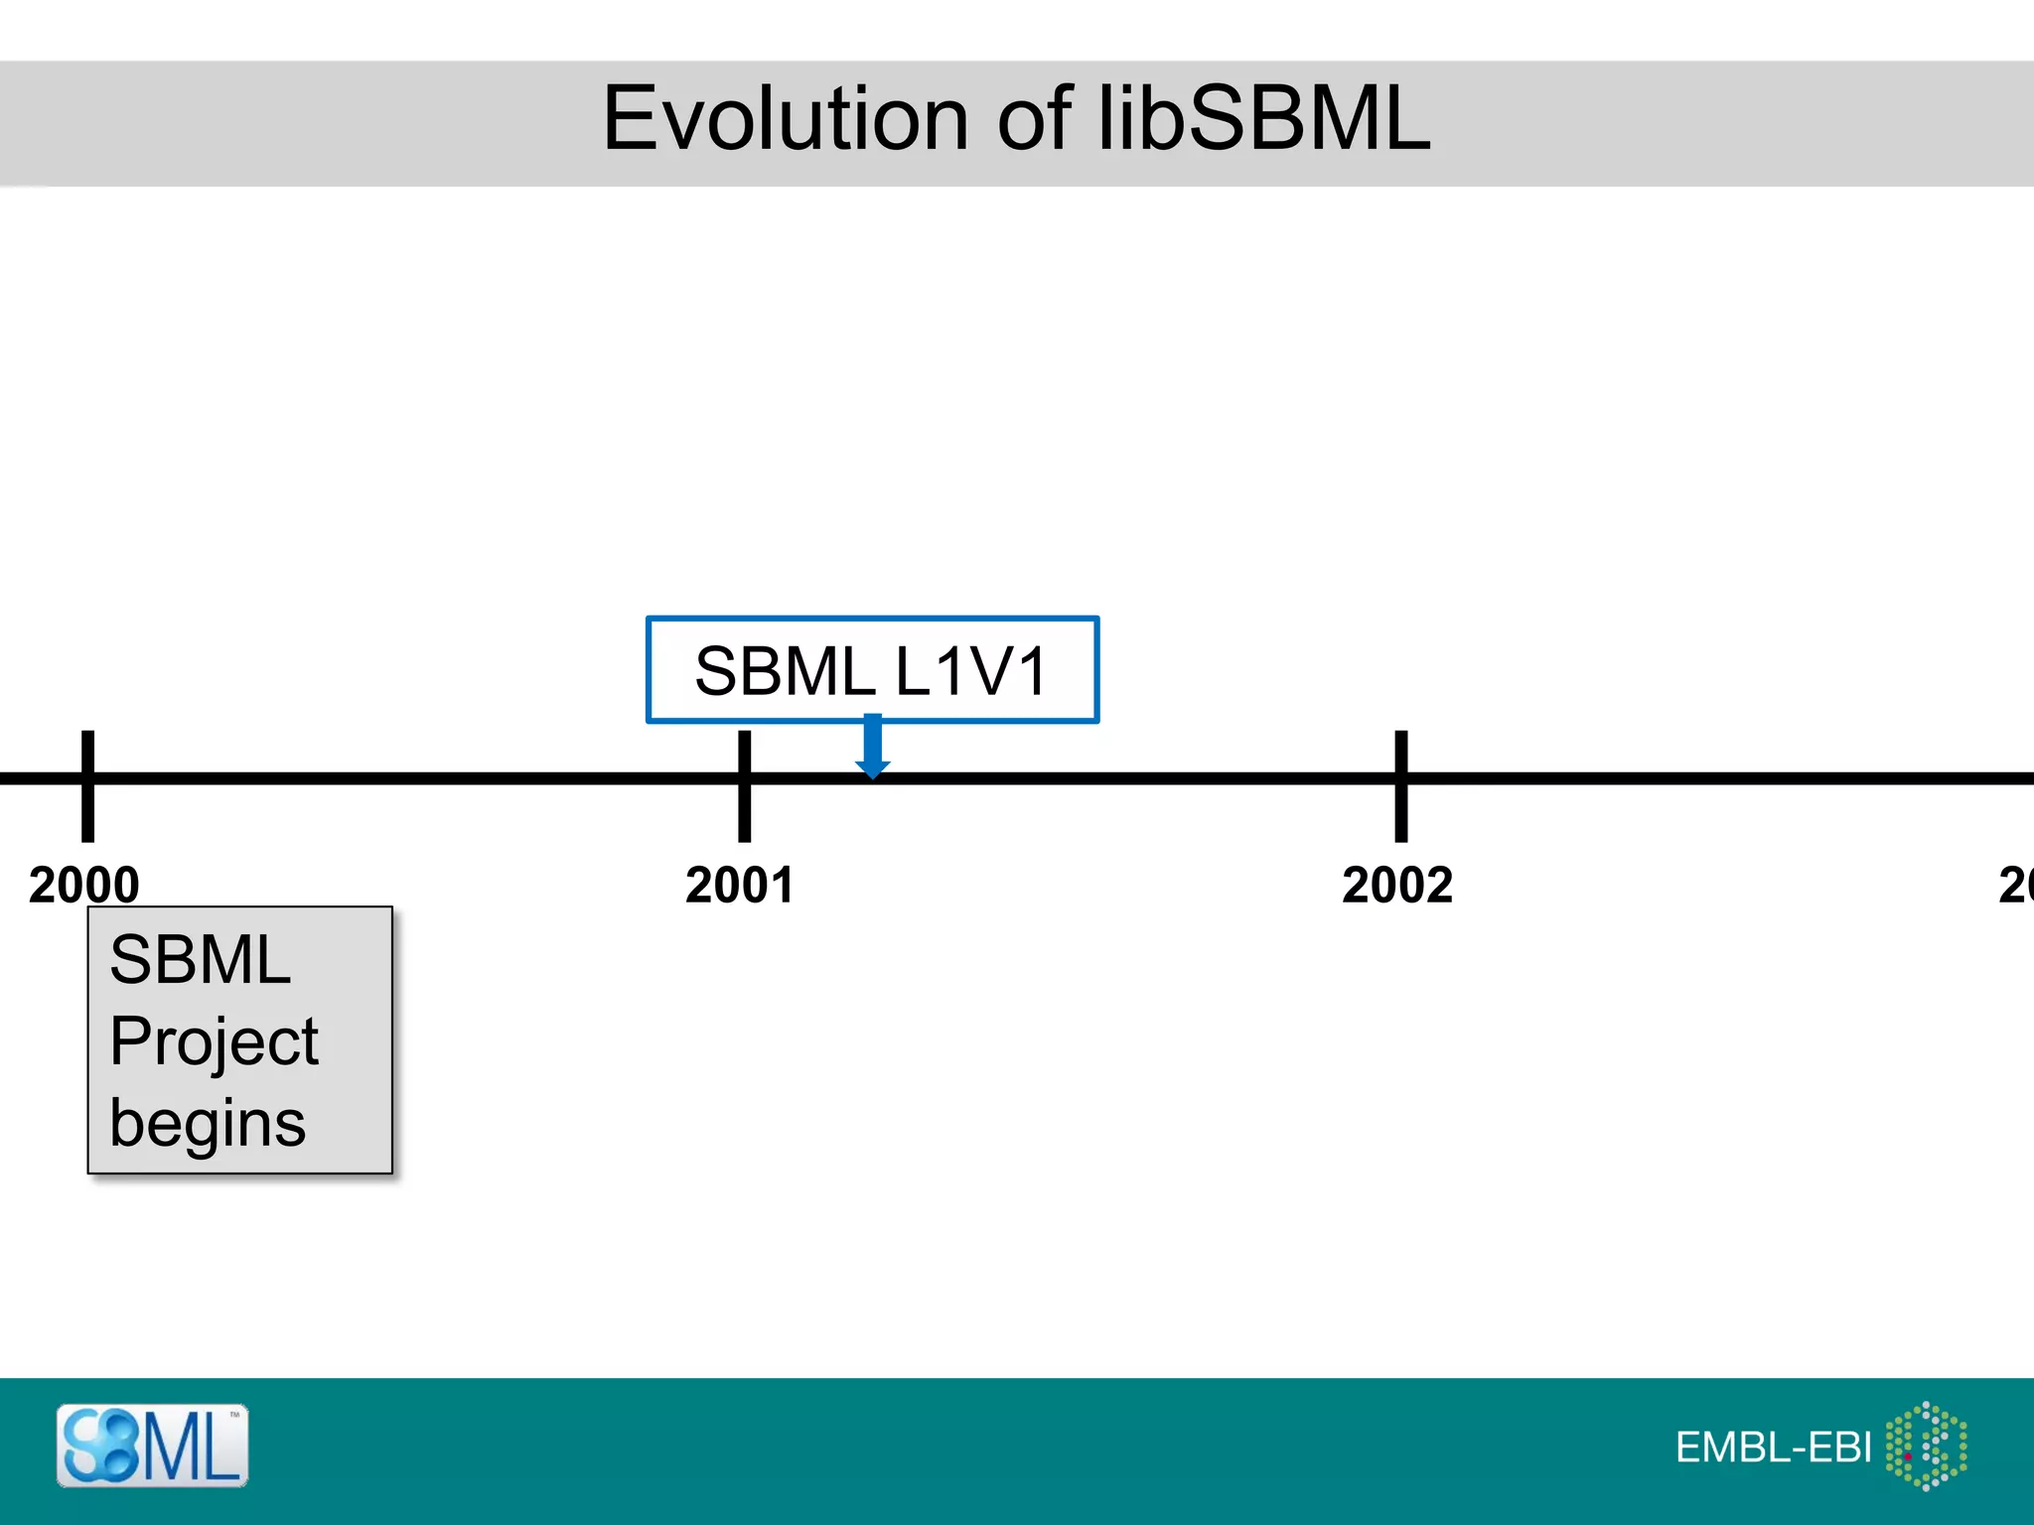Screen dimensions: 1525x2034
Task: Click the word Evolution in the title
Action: [x=785, y=119]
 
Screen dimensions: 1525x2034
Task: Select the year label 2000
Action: [x=84, y=885]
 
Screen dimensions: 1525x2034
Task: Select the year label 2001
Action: [x=740, y=885]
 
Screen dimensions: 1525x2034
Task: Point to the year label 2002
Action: [x=1397, y=885]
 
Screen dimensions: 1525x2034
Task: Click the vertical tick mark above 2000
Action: [x=87, y=785]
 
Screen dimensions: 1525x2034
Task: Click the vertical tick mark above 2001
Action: [x=744, y=785]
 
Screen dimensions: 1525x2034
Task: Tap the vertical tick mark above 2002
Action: [x=1401, y=785]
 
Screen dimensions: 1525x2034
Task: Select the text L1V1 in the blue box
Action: [x=970, y=672]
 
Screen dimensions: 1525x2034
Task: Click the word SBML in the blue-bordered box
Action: [x=784, y=672]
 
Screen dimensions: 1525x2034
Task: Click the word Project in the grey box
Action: [x=214, y=1042]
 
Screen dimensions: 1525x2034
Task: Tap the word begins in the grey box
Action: [x=208, y=1125]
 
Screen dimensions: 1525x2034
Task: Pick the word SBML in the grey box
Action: [x=200, y=960]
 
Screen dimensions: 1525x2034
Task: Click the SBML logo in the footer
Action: [x=152, y=1446]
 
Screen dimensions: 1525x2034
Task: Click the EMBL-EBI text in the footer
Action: [x=1773, y=1448]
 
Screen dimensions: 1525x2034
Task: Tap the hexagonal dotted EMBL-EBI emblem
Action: [x=1926, y=1446]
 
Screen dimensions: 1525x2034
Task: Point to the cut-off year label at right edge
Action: [x=2016, y=885]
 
